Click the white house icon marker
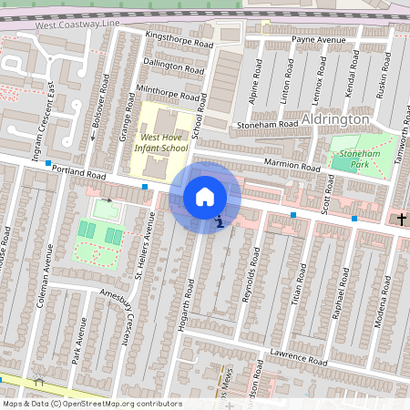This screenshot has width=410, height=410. click(205, 197)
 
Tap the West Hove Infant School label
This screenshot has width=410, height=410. click(160, 141)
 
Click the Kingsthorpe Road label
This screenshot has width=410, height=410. click(179, 39)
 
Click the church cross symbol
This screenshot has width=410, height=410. click(400, 219)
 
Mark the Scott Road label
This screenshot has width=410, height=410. click(328, 194)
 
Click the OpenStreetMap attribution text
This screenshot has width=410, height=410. click(91, 403)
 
